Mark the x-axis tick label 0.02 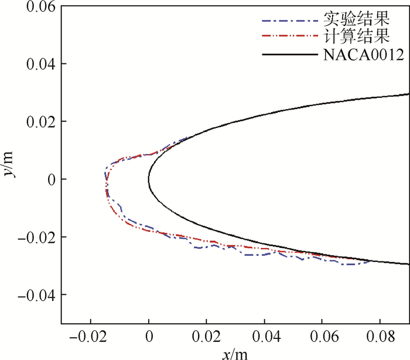click(207, 338)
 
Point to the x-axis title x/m click(234, 353)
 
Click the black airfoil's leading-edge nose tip click(149, 179)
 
